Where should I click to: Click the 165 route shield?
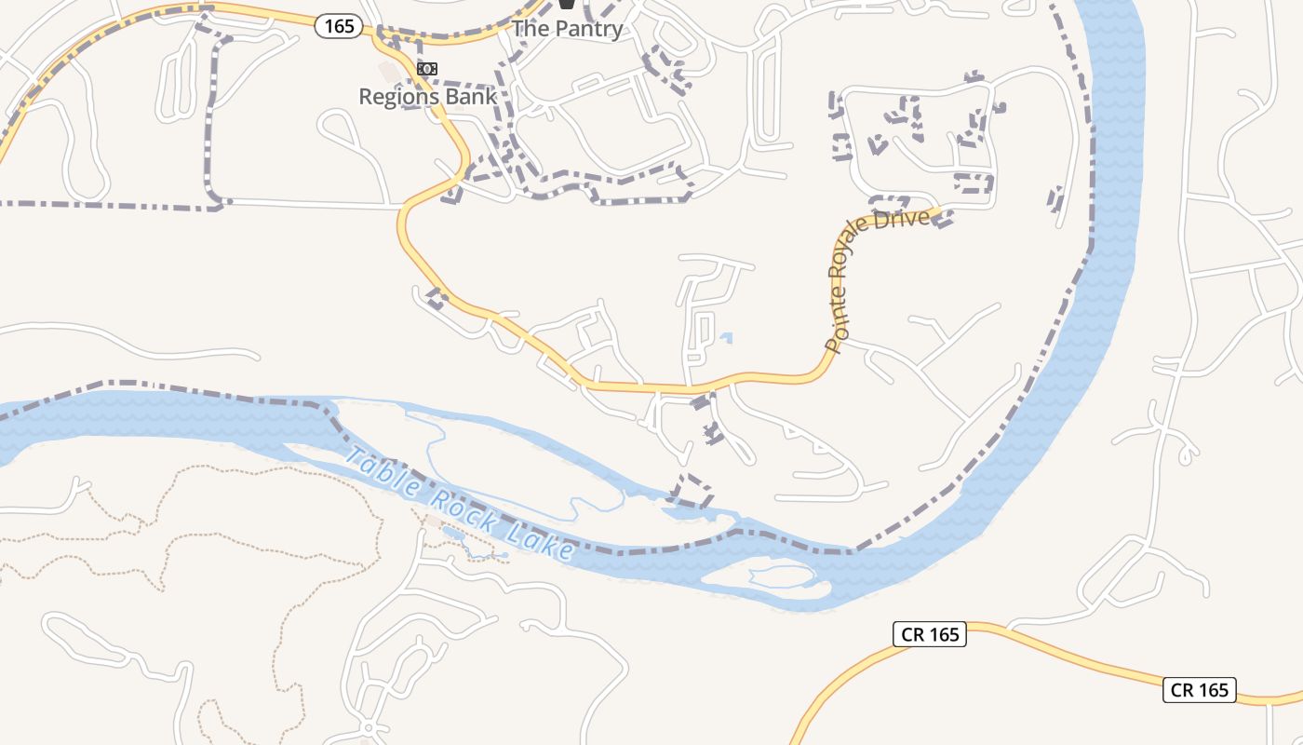click(x=339, y=26)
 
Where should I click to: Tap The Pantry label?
click(x=567, y=29)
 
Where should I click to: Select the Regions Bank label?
click(x=427, y=96)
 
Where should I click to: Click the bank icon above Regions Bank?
click(x=427, y=69)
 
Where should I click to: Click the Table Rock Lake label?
click(x=460, y=504)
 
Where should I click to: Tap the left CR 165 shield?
click(x=930, y=635)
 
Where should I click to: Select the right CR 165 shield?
click(x=1200, y=690)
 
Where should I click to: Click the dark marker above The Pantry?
click(x=566, y=5)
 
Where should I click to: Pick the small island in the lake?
click(x=768, y=577)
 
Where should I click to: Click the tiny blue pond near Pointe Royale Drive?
click(x=726, y=338)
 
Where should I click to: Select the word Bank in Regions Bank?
click(x=470, y=96)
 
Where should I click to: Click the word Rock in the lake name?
click(x=461, y=505)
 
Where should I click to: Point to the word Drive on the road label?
click(x=910, y=220)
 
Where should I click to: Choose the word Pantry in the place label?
click(x=589, y=29)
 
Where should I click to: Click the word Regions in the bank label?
click(x=399, y=96)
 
